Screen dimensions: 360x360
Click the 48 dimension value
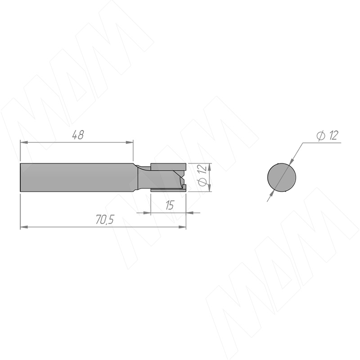pyautogui.click(x=78, y=135)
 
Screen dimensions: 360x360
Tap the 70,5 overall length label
pyautogui.click(x=105, y=220)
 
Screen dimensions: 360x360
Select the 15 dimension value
pyautogui.click(x=170, y=205)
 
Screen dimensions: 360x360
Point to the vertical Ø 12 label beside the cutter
pyautogui.click(x=202, y=175)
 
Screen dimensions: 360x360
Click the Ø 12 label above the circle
pyautogui.click(x=327, y=135)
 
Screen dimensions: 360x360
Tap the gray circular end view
pyautogui.click(x=282, y=177)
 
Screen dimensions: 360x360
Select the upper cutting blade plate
pyautogui.click(x=168, y=166)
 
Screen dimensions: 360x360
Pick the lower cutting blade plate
pyautogui.click(x=168, y=190)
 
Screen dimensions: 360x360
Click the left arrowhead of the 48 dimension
pyautogui.click(x=24, y=142)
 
